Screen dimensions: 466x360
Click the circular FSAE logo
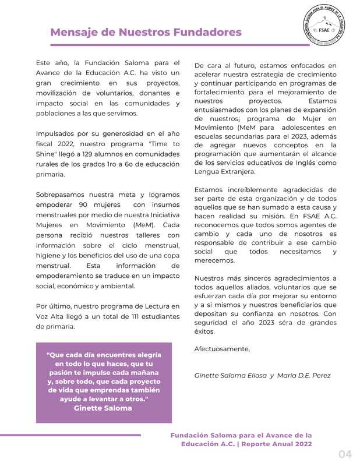[323, 30]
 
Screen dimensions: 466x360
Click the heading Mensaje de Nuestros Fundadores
[146, 32]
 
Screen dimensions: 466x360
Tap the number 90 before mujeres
[83, 204]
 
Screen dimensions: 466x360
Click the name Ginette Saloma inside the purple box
[103, 408]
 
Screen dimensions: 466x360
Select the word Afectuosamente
[222, 349]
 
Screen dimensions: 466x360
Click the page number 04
[345, 454]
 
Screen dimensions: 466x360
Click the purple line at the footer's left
[70, 435]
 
